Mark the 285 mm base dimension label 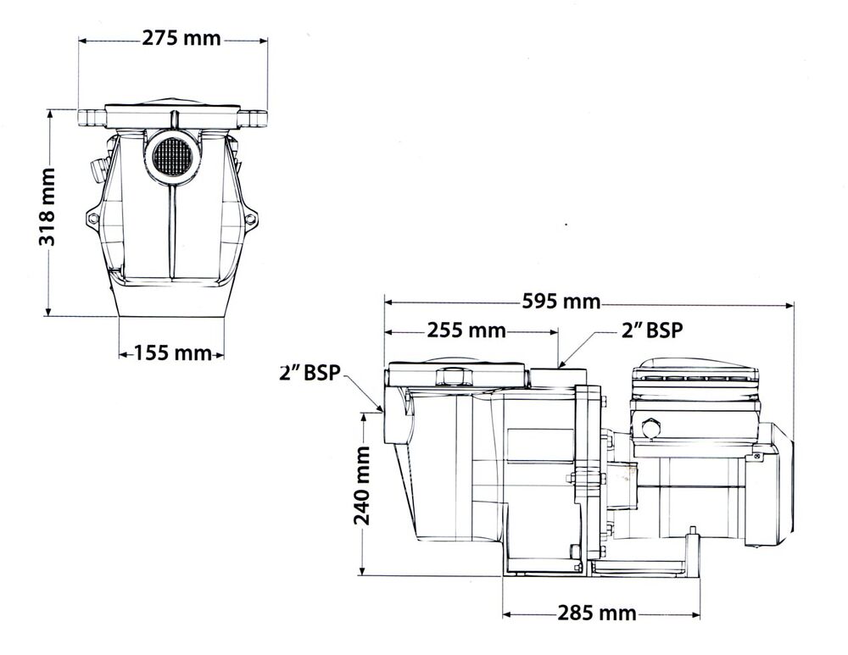click(x=596, y=613)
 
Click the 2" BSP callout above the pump click(x=651, y=331)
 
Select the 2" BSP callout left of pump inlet click(x=310, y=372)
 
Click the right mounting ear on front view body click(x=250, y=221)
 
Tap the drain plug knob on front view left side click(x=96, y=170)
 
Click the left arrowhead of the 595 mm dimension click(x=389, y=302)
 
